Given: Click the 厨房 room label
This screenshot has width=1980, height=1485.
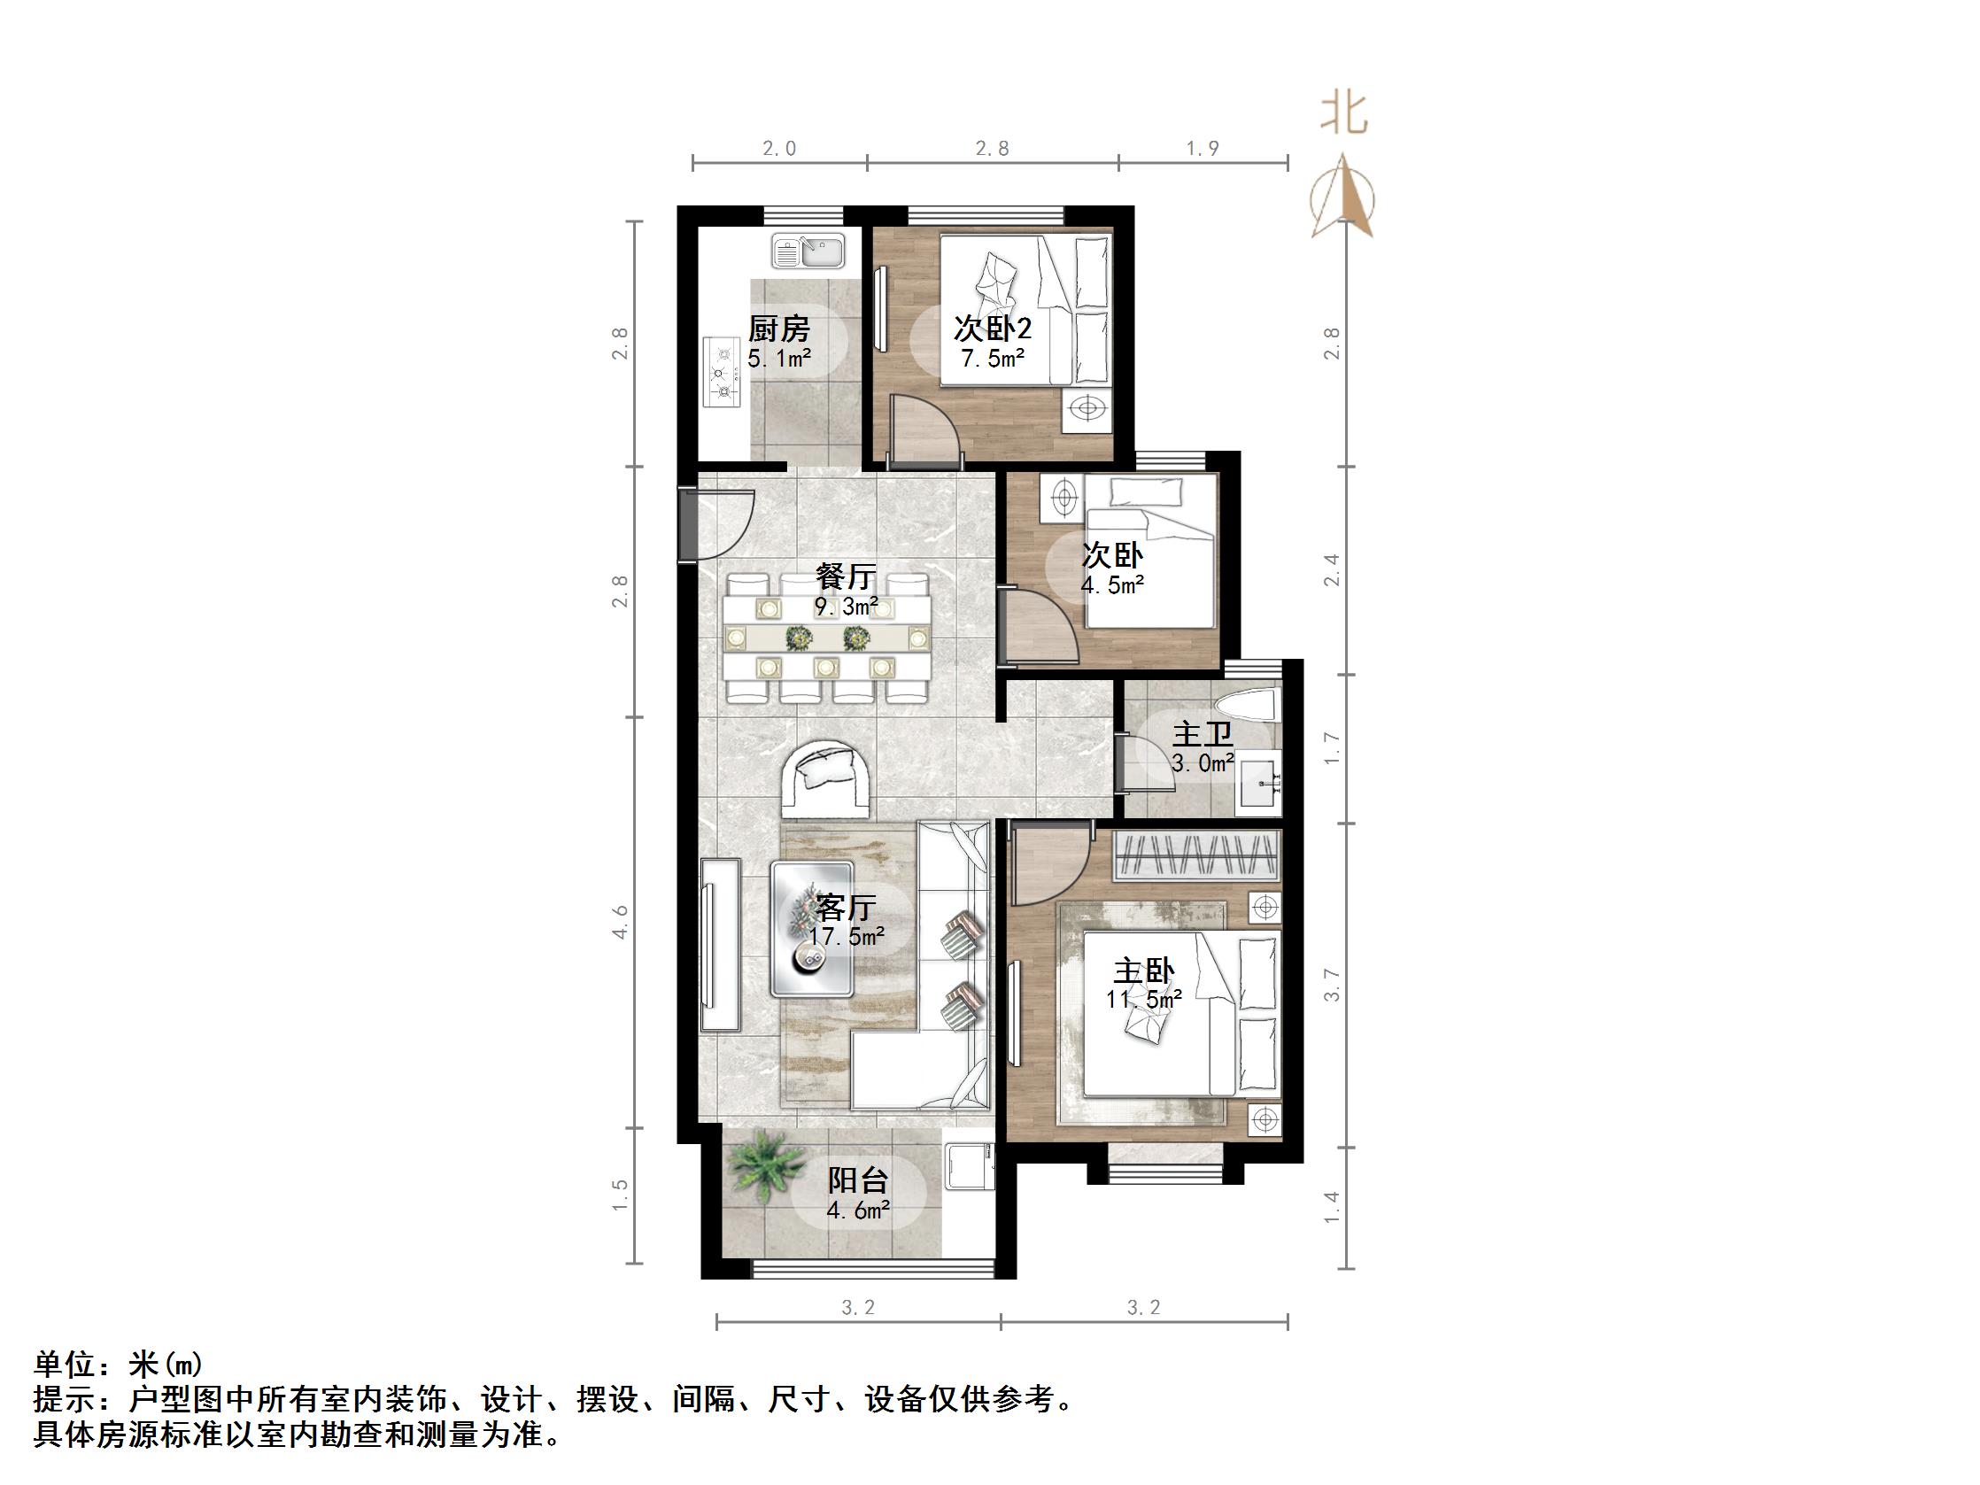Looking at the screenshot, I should (x=778, y=329).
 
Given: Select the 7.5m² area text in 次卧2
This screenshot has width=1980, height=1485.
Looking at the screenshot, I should (x=993, y=359).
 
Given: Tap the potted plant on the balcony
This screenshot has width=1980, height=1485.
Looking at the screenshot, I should (x=762, y=1166).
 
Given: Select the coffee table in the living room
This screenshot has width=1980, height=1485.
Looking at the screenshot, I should (x=186, y=928).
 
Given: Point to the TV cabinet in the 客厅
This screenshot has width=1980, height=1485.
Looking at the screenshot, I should (x=721, y=944).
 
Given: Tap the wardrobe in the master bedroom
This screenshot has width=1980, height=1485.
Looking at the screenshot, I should (x=1198, y=855).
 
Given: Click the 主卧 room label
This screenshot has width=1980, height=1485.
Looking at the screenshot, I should (x=1143, y=971).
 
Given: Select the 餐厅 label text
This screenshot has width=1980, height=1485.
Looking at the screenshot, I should (x=845, y=575).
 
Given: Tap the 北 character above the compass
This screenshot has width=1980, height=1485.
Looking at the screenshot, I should (x=1343, y=116).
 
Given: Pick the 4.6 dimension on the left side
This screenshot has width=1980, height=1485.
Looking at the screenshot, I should (x=621, y=922).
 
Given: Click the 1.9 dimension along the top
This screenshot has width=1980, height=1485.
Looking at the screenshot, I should (x=1203, y=148).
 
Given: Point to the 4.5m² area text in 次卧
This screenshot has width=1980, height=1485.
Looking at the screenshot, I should (x=1112, y=585).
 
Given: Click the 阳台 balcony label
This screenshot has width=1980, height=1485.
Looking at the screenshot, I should (x=857, y=1179).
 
